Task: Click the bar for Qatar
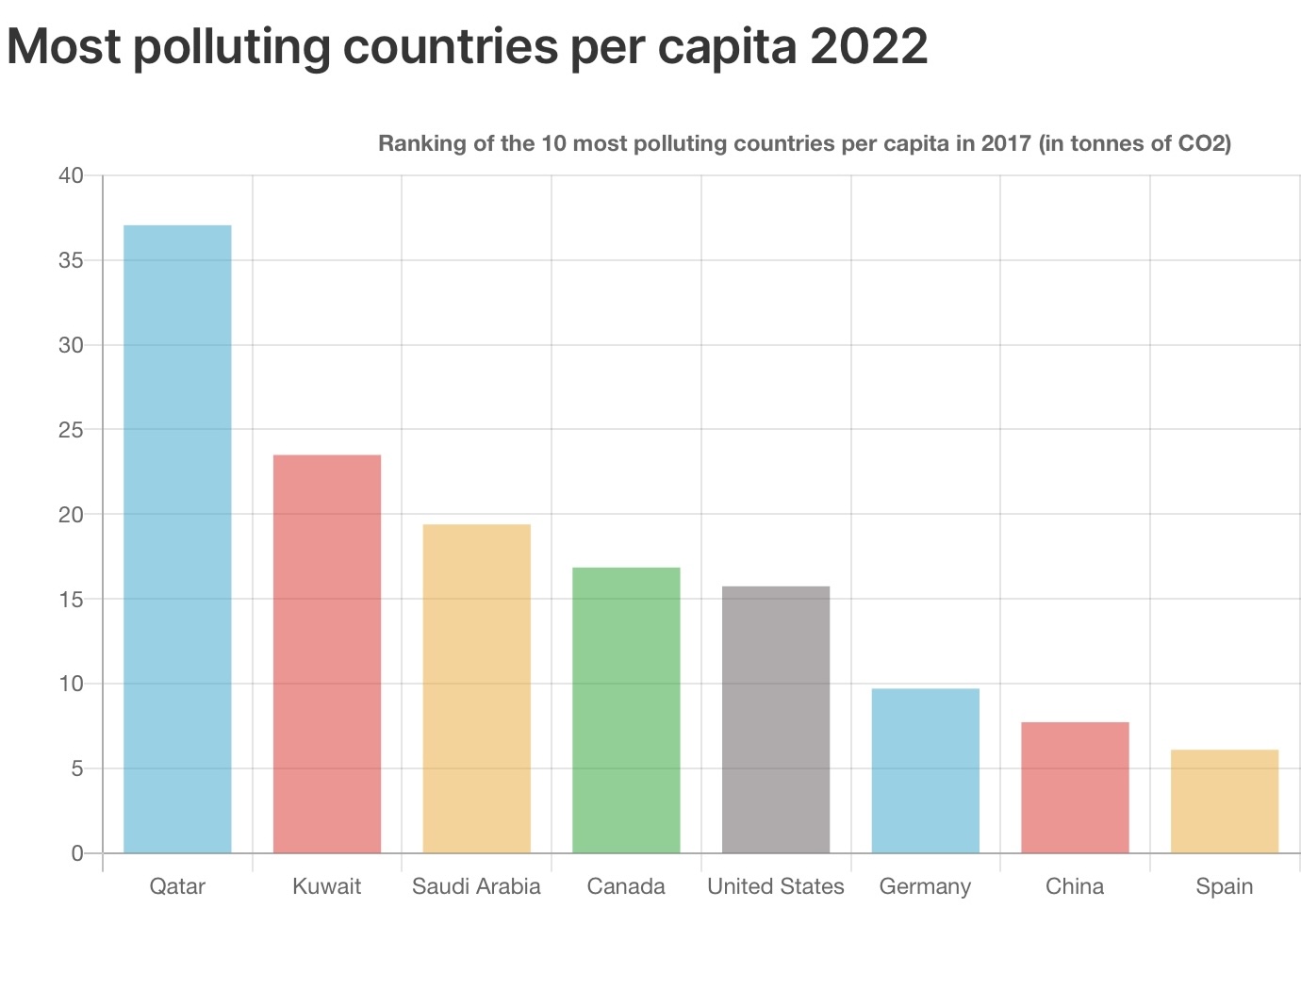click(x=177, y=538)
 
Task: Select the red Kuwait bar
click(x=327, y=653)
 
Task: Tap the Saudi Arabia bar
click(x=476, y=688)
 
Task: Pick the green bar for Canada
click(x=626, y=710)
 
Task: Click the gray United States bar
click(x=776, y=719)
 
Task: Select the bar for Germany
click(x=925, y=770)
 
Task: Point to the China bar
click(x=1075, y=787)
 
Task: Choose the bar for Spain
click(x=1225, y=801)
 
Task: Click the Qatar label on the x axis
click(x=177, y=886)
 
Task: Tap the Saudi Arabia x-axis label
click(x=476, y=886)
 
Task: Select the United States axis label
click(x=776, y=886)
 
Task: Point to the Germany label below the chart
click(x=925, y=886)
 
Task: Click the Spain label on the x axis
click(x=1225, y=886)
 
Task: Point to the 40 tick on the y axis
click(x=72, y=175)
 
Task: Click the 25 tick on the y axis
click(x=72, y=430)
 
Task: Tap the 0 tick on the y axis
click(x=77, y=853)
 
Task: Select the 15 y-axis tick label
click(x=72, y=600)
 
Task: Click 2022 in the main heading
click(x=868, y=45)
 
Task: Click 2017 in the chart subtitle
click(x=1006, y=143)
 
